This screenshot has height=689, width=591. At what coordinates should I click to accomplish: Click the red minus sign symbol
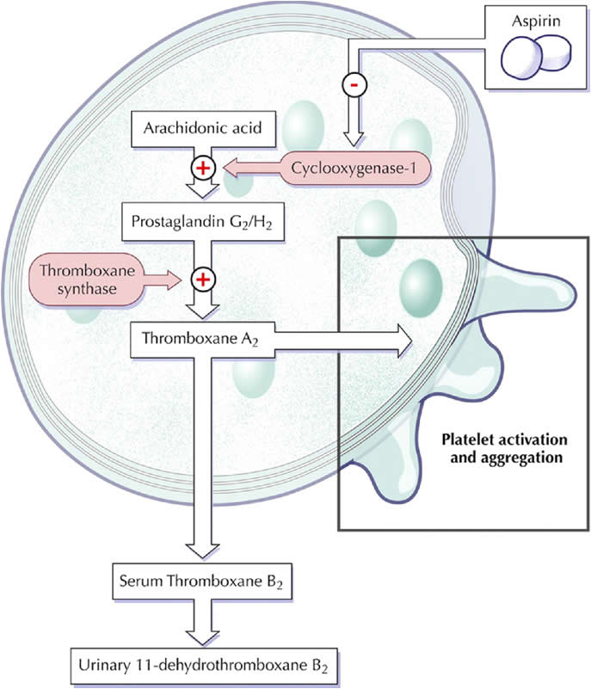point(352,84)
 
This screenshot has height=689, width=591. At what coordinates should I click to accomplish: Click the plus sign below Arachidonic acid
point(203,168)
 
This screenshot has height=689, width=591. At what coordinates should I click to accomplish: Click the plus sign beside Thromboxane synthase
point(203,278)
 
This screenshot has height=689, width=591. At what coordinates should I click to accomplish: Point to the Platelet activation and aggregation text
point(502,446)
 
